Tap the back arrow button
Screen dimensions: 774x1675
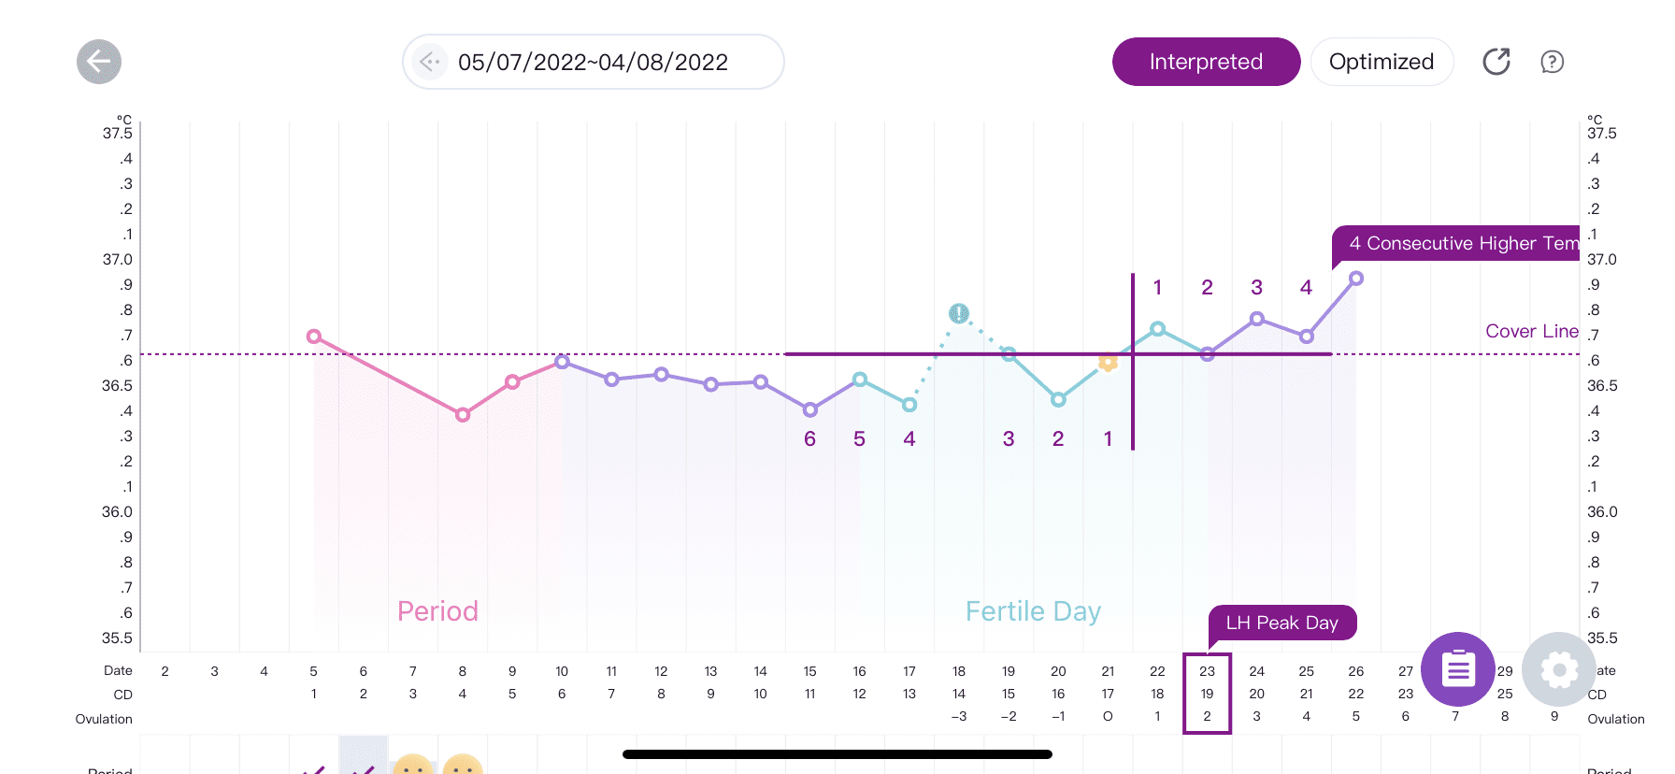coord(99,62)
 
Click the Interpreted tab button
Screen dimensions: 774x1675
coord(1206,62)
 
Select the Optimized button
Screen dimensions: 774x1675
coord(1381,62)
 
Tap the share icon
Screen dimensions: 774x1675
coord(1496,62)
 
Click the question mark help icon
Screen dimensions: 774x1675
coord(1552,62)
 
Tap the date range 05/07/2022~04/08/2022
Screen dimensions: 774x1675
coord(593,62)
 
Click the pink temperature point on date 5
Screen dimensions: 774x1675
coord(314,337)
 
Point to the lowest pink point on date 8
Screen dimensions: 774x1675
coord(463,414)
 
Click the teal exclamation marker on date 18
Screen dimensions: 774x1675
coord(959,313)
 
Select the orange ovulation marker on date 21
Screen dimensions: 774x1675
coord(1108,362)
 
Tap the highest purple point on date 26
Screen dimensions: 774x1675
coord(1356,279)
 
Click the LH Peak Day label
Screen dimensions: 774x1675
coord(1281,623)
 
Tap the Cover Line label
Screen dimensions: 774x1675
coord(1531,331)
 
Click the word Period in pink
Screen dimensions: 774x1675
coord(437,611)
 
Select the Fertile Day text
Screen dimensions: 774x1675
coord(1033,611)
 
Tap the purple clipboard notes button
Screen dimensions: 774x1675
coord(1457,669)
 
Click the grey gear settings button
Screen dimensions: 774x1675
coord(1558,669)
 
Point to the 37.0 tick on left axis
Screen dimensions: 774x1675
coord(118,259)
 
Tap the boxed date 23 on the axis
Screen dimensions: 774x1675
coord(1207,671)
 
